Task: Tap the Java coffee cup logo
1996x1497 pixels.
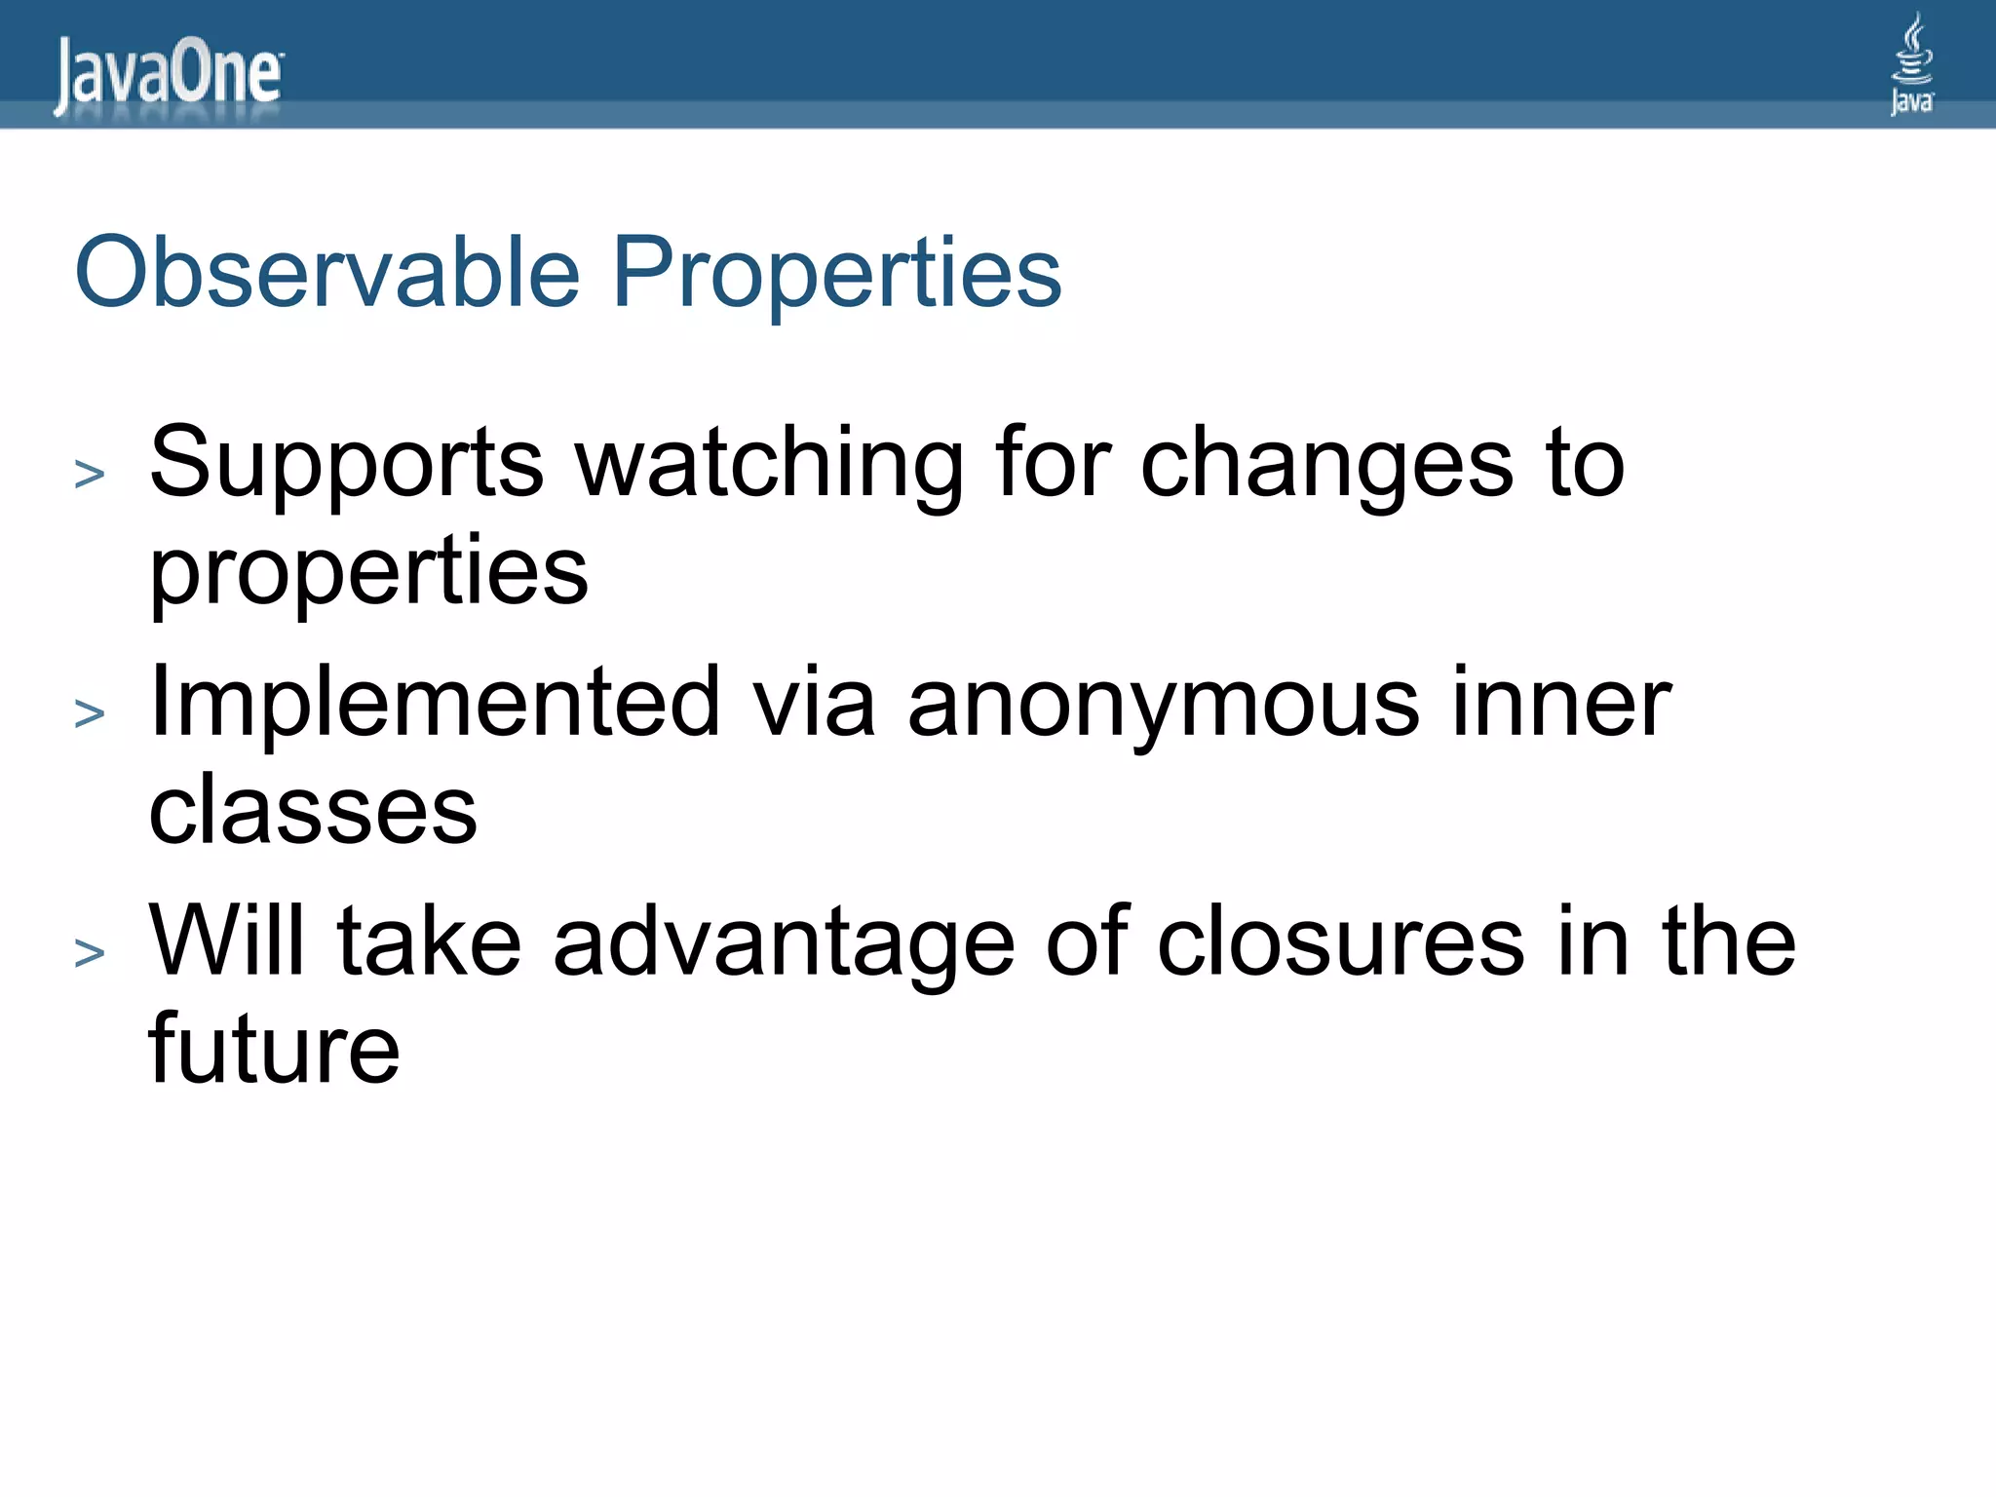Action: click(1911, 63)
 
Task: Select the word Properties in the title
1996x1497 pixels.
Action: click(836, 274)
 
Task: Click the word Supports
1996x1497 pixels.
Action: click(346, 464)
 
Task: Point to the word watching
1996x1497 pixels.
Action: click(769, 464)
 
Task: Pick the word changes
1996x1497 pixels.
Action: click(1326, 464)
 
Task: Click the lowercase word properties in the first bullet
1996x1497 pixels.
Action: click(368, 572)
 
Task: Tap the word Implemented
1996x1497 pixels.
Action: click(435, 703)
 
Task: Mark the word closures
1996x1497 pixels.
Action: click(1340, 941)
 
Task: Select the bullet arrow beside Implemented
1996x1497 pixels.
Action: click(90, 714)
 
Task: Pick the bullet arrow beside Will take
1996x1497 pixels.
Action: click(90, 953)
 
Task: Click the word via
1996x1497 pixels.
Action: click(814, 703)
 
